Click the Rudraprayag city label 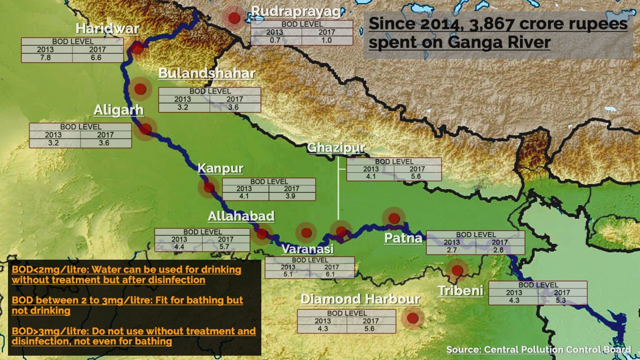coord(295,11)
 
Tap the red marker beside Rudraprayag coord(234,18)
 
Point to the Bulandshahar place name coord(207,74)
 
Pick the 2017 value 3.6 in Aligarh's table coord(105,143)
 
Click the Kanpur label coord(220,169)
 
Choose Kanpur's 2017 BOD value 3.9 coord(292,196)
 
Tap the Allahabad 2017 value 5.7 coord(226,247)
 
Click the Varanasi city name coord(307,249)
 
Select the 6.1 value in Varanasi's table coord(331,274)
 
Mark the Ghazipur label coord(336,148)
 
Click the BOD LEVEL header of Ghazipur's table coord(394,162)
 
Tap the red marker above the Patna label coord(394,218)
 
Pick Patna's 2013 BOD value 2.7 coord(451,250)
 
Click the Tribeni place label coord(460,291)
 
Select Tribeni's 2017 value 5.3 coord(562,300)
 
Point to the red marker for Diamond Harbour coord(412,318)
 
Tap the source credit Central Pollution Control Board coord(539,350)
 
